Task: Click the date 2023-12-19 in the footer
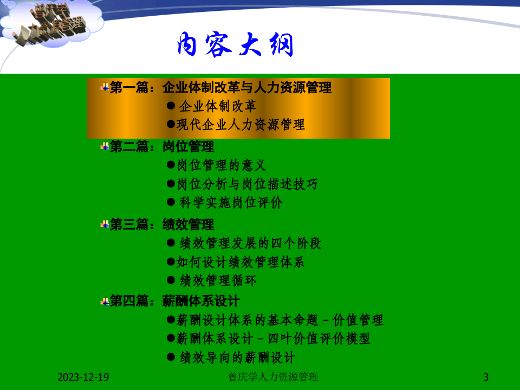83,377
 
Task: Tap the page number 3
486,377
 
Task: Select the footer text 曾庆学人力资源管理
274,377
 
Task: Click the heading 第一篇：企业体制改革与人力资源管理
220,88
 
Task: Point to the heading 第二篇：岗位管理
161,147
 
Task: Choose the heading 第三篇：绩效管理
161,225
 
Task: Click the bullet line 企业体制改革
218,106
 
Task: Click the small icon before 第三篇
105,224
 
